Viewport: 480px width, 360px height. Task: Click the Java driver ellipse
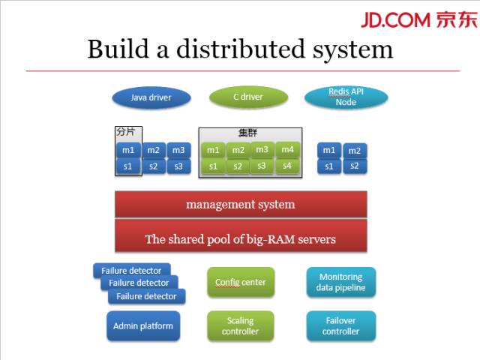151,97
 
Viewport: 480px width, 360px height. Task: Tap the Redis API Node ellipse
346,97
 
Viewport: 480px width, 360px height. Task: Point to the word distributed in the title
238,49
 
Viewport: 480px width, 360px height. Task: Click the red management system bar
241,204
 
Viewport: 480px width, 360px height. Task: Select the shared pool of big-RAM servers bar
241,239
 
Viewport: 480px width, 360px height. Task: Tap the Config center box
241,283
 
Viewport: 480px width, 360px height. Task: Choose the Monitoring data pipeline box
340,282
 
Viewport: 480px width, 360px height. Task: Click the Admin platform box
142,326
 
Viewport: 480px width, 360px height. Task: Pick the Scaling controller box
241,326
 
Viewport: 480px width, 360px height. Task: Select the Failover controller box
340,326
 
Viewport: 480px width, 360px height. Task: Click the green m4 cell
287,149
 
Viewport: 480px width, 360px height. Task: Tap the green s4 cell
287,165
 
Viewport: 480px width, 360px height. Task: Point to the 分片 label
126,130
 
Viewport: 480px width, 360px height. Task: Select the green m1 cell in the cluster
214,150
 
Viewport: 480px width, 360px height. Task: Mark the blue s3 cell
178,166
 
